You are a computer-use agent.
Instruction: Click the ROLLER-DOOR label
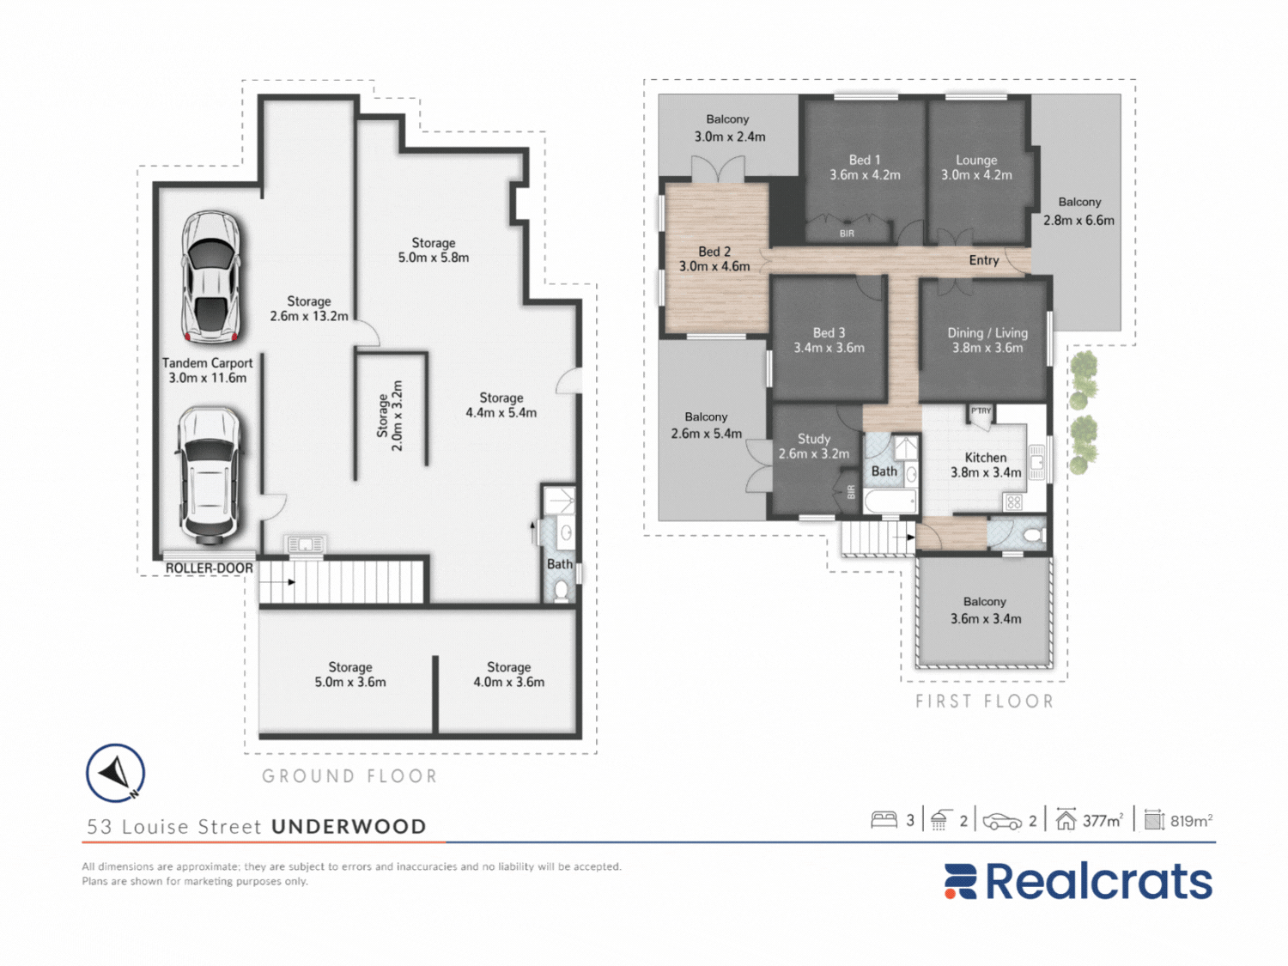(x=210, y=568)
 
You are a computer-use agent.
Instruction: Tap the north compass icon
(x=116, y=773)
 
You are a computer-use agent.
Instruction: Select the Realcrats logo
(x=1078, y=881)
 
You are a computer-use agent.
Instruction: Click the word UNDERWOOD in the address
(x=349, y=826)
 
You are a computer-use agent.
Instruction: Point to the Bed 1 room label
(x=865, y=167)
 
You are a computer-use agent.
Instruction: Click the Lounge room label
(x=976, y=167)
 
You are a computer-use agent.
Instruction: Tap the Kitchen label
(x=986, y=465)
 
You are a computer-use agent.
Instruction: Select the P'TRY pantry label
(x=981, y=410)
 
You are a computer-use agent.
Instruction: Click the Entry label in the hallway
(x=984, y=260)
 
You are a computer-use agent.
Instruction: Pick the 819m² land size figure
(x=1191, y=820)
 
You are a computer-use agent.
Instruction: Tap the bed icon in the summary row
(x=884, y=819)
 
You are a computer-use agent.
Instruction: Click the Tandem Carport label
(x=208, y=370)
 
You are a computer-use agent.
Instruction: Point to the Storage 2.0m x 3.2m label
(x=390, y=416)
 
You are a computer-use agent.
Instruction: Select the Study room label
(x=814, y=446)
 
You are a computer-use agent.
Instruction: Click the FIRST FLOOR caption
(x=985, y=701)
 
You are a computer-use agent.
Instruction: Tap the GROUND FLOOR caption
(x=349, y=776)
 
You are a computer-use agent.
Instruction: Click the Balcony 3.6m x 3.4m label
(x=985, y=610)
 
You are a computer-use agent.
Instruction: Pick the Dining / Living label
(x=987, y=340)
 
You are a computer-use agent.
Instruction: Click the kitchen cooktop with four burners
(x=1014, y=502)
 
